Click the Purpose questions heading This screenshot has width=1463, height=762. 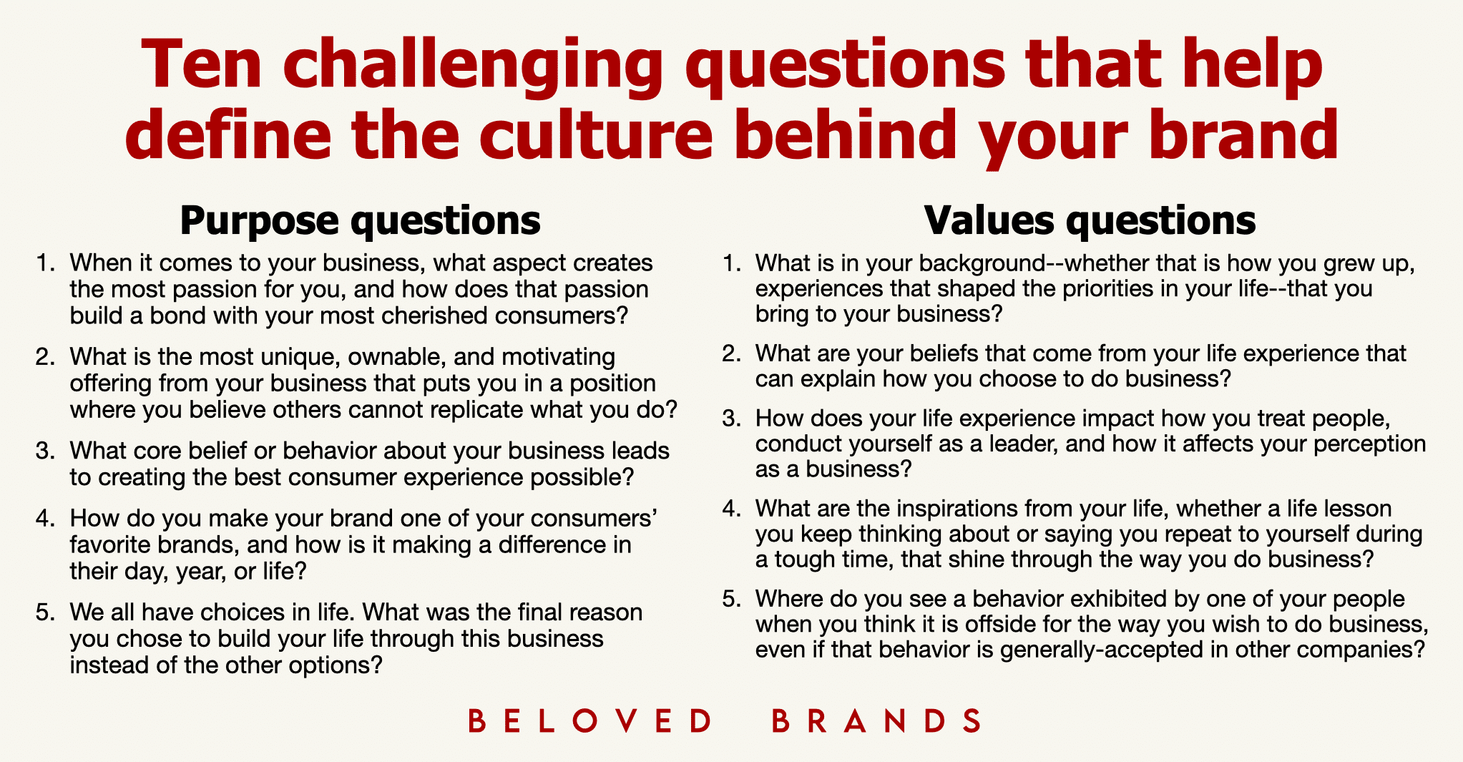point(360,220)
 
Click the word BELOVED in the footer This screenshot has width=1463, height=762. point(589,721)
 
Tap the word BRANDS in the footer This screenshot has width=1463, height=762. point(876,721)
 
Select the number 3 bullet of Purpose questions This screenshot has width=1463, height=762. point(45,451)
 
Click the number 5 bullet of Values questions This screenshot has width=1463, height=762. point(731,599)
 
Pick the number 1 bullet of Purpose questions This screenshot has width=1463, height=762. point(45,263)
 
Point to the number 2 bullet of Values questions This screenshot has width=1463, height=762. point(731,353)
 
